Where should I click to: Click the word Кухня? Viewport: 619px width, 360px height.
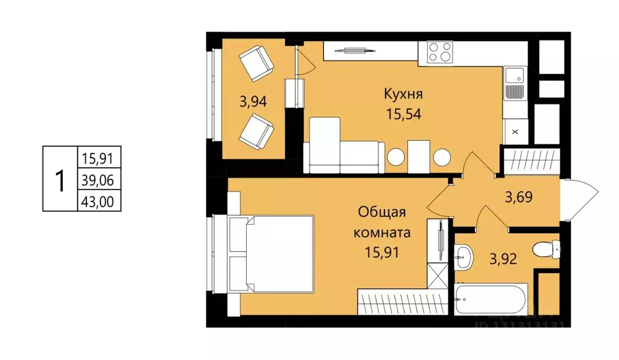click(403, 94)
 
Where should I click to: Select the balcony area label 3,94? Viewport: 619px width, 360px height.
click(253, 101)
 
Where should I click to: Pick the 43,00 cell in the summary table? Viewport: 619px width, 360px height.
click(100, 201)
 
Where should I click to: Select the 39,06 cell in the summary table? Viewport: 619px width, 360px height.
click(100, 179)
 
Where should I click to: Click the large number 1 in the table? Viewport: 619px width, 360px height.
click(60, 180)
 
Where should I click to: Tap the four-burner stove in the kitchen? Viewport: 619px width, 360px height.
click(440, 52)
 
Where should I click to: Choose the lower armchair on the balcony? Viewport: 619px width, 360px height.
click(256, 131)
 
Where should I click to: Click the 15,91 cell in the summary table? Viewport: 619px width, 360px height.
click(100, 159)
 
